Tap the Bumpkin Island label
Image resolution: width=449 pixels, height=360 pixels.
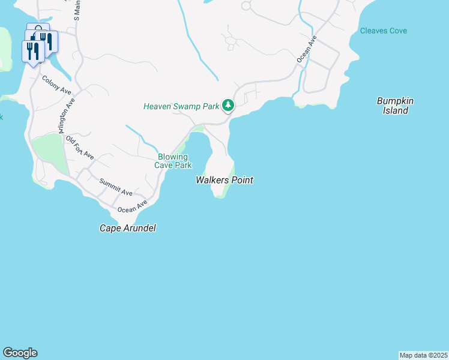[396, 106]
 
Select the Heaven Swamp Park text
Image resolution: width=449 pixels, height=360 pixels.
[181, 106]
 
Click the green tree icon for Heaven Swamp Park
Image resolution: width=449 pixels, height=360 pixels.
[228, 106]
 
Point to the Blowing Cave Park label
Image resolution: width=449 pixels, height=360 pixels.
[173, 161]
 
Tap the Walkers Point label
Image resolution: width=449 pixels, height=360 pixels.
[224, 180]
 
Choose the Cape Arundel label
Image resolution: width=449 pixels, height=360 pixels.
[127, 229]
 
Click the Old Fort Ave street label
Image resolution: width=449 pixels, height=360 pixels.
[80, 148]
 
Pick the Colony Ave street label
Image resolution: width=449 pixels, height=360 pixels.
[56, 84]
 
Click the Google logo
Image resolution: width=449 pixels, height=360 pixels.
[20, 353]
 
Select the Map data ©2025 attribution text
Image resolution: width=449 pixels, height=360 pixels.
[423, 355]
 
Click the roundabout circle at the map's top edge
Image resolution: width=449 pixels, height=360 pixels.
[246, 5]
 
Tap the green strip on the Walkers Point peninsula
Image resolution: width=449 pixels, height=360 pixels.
[228, 183]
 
